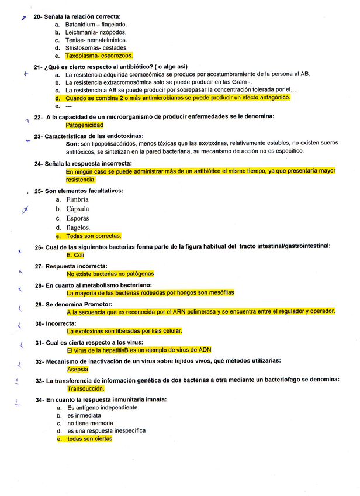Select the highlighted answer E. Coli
click(75, 256)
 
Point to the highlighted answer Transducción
click(85, 388)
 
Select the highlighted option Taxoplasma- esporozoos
click(99, 56)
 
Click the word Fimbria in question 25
click(77, 200)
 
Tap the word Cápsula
click(78, 209)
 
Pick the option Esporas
click(77, 218)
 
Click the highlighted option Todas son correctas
click(94, 236)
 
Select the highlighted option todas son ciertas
click(89, 439)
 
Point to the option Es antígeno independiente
click(102, 408)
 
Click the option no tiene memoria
click(90, 423)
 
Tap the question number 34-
click(39, 399)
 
